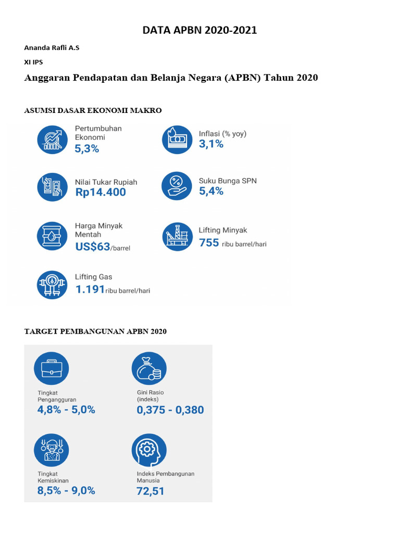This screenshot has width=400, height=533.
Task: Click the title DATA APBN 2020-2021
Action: (199, 31)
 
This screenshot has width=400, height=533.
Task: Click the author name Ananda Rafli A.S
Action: (52, 48)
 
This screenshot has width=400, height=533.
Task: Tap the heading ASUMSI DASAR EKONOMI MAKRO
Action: (93, 110)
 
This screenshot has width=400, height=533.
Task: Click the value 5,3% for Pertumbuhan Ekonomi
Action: (86, 149)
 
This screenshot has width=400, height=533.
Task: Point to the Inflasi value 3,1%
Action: (211, 144)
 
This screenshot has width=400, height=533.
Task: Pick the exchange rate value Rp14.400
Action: (101, 193)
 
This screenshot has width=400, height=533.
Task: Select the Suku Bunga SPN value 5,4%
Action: (211, 191)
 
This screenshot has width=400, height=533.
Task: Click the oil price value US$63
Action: (93, 247)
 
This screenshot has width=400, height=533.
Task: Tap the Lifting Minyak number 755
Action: (209, 243)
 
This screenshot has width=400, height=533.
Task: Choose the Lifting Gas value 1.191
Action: (90, 289)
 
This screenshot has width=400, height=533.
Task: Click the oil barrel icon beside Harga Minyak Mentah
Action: (52, 236)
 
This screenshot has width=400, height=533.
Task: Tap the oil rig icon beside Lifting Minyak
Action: (177, 236)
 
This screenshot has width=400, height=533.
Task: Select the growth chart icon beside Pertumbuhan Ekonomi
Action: (52, 139)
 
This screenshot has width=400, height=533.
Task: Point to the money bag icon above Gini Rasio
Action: (149, 369)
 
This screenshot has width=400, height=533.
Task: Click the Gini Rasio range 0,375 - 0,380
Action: (170, 410)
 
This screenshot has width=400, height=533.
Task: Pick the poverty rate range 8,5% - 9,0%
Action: (66, 490)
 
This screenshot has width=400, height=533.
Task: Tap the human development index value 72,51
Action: (151, 491)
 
